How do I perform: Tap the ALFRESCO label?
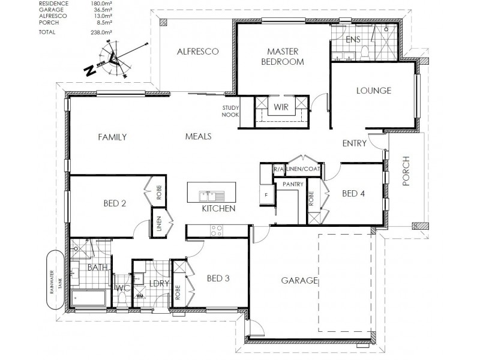[197, 52]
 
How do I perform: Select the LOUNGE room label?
[373, 91]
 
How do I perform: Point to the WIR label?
[281, 107]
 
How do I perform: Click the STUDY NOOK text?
[230, 111]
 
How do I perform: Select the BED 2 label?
[115, 203]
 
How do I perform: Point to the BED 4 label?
[353, 193]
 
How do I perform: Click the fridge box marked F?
[265, 194]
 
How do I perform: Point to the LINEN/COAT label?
[304, 169]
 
